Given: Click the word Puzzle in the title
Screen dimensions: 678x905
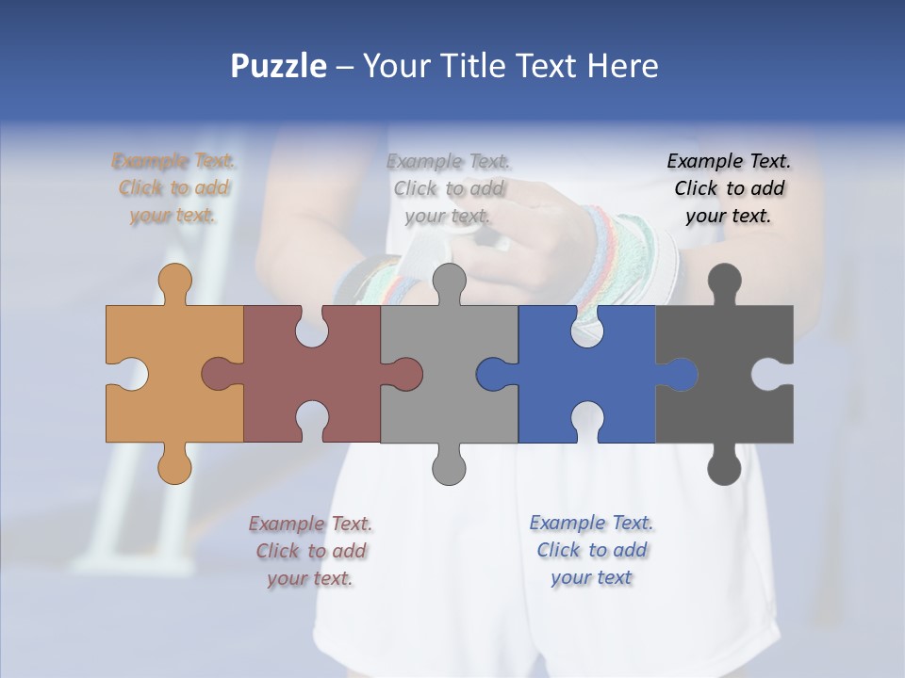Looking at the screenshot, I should click(279, 66).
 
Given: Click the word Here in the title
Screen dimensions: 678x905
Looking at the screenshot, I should click(622, 66).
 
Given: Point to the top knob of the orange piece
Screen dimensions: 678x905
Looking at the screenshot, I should click(175, 281).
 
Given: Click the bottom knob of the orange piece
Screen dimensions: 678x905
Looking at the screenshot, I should click(175, 465).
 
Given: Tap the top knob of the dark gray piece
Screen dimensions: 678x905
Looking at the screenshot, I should click(724, 281).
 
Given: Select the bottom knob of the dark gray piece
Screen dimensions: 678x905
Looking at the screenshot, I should click(724, 467).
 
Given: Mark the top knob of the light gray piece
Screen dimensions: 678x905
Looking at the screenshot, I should click(449, 281).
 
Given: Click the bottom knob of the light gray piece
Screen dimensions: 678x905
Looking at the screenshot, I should click(449, 467).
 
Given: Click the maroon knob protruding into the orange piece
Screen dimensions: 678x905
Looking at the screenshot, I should click(219, 374).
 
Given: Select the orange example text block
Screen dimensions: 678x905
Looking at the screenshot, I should click(173, 188).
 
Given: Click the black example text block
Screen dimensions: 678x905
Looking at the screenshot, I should click(729, 188).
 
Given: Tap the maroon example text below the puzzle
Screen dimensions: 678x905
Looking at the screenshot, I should click(310, 551).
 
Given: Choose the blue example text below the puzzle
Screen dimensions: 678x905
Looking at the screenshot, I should click(591, 550).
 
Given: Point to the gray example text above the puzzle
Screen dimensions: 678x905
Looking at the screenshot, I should click(448, 188).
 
